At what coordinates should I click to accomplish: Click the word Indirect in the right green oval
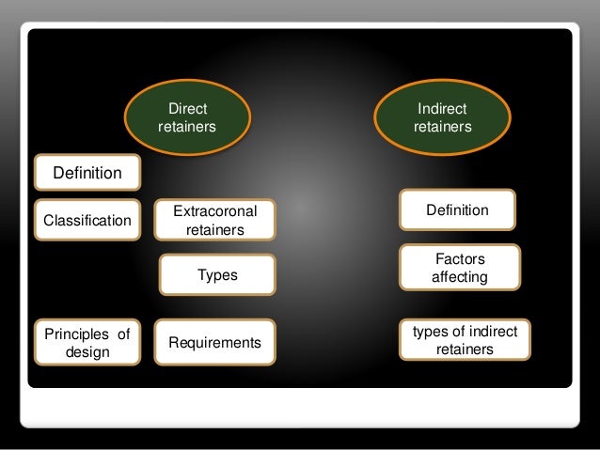(442, 110)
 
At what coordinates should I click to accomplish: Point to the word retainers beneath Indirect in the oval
(442, 127)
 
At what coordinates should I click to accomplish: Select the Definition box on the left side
(87, 173)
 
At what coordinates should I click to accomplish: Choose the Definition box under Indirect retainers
(457, 209)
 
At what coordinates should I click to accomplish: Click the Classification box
(87, 221)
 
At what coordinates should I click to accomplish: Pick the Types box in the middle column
(217, 275)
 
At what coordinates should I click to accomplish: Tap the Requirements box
(214, 343)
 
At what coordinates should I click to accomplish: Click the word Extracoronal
(214, 212)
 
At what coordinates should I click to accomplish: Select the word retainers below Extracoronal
(215, 229)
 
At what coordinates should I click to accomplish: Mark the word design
(87, 352)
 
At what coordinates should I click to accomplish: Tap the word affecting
(459, 277)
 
